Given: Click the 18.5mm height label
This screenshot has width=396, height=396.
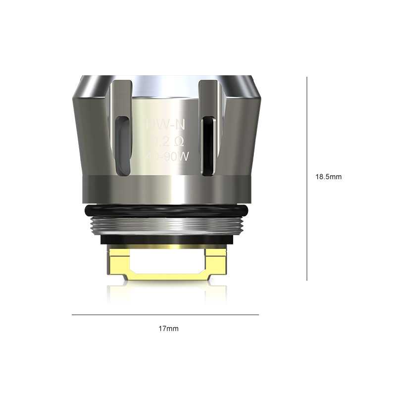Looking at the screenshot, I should [x=329, y=177].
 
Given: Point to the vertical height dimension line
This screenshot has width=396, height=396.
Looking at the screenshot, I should [x=307, y=178].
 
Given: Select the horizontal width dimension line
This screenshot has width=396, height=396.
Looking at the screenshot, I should [x=165, y=315].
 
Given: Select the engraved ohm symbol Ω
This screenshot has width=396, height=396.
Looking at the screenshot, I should [x=179, y=142].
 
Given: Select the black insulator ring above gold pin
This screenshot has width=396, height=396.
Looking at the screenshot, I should [x=165, y=240].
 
